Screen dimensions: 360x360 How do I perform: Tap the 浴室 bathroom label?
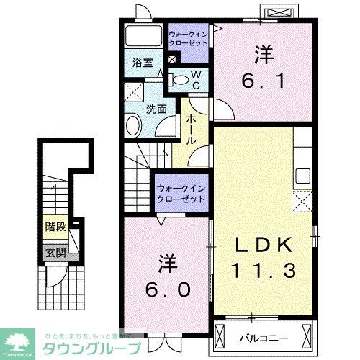[x=143, y=63]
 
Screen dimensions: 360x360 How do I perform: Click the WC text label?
[x=196, y=78]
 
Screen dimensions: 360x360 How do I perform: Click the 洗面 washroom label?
[x=157, y=109]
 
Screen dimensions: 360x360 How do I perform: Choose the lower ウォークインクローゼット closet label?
[x=180, y=192]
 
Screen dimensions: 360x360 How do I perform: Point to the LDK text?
[x=263, y=246]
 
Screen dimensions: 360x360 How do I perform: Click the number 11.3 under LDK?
[x=262, y=271]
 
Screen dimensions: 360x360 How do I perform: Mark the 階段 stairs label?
[x=55, y=227]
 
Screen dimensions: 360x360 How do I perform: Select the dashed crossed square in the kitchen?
[x=300, y=201]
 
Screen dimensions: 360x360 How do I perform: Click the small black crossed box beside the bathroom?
[x=171, y=59]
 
